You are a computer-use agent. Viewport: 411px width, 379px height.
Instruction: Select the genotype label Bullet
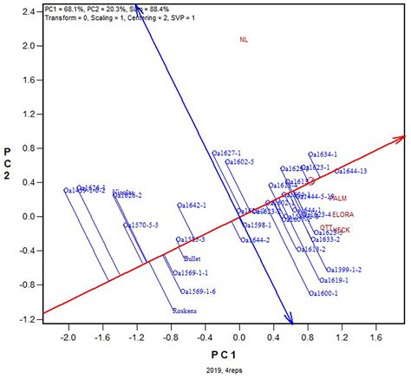click(192, 258)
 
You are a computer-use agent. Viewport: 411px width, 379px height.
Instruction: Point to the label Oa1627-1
click(226, 154)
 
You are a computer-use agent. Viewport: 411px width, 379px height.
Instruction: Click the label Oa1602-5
click(239, 162)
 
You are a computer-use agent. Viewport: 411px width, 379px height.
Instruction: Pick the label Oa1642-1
click(192, 206)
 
